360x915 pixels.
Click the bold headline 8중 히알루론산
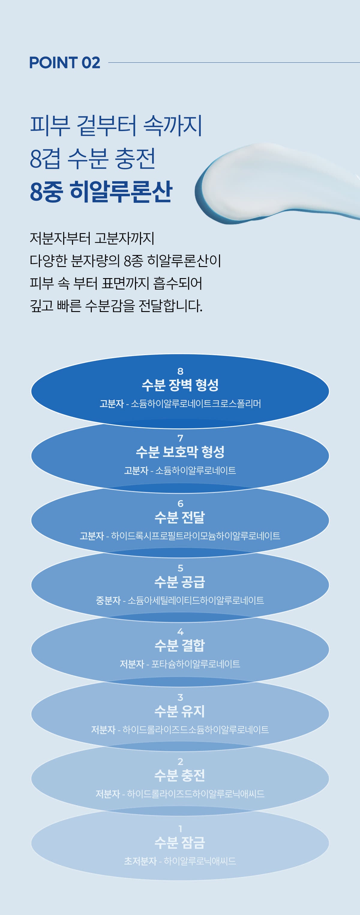click(x=101, y=191)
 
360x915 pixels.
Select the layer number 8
click(x=180, y=371)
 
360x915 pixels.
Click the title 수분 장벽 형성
click(x=180, y=385)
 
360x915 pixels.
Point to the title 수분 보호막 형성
click(x=180, y=452)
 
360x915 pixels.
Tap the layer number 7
click(x=180, y=438)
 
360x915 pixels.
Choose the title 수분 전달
click(x=180, y=517)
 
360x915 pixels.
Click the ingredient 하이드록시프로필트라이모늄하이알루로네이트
click(x=196, y=535)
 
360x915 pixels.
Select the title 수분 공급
click(x=180, y=582)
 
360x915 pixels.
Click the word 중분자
click(x=108, y=600)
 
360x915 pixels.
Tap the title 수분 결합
click(x=180, y=645)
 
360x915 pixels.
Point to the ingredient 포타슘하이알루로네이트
click(x=196, y=664)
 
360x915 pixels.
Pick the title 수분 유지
click(x=180, y=711)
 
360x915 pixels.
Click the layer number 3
click(x=180, y=697)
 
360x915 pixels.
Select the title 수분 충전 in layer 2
click(x=180, y=775)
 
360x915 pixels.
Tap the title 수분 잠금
click(x=180, y=842)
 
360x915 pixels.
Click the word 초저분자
click(x=140, y=861)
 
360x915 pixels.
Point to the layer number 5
click(x=180, y=568)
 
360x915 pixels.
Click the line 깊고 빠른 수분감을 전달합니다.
click(x=116, y=306)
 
